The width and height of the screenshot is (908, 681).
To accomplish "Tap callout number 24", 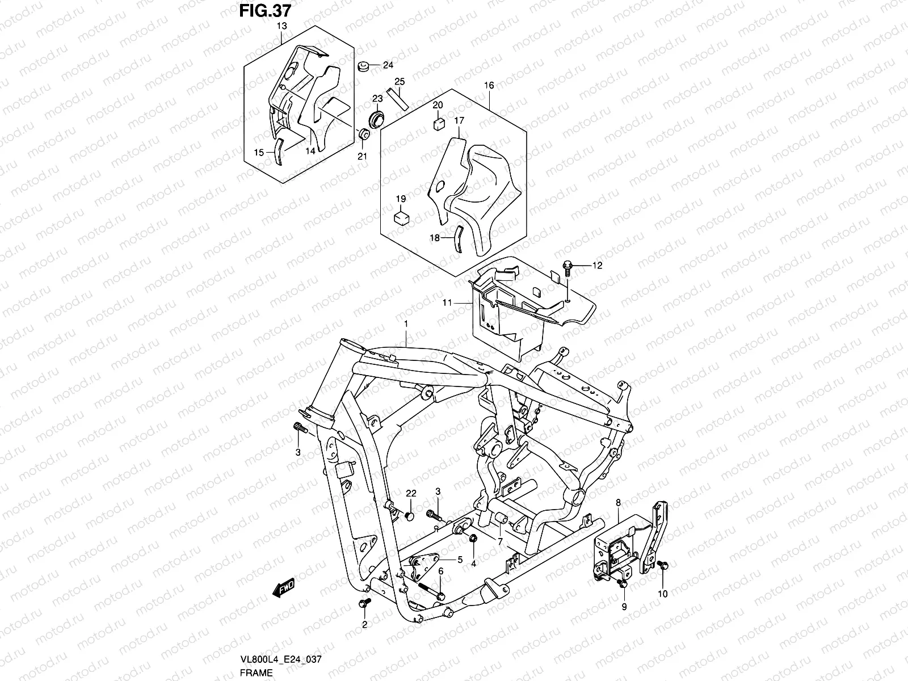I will [x=388, y=65].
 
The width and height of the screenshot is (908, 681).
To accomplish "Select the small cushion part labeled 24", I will [x=364, y=65].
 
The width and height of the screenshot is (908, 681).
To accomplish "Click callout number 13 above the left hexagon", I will [x=281, y=27].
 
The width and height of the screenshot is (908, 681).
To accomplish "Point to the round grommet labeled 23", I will [x=377, y=120].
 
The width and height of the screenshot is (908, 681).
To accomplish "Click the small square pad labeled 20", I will [x=439, y=124].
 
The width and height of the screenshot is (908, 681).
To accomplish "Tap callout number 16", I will [x=489, y=86].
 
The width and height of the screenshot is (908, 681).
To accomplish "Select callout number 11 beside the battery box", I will [x=448, y=303].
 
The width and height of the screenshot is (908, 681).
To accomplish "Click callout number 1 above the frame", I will [x=406, y=323].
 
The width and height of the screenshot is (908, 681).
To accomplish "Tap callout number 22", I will [x=411, y=492].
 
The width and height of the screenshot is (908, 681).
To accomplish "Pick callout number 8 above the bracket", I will [x=618, y=502].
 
